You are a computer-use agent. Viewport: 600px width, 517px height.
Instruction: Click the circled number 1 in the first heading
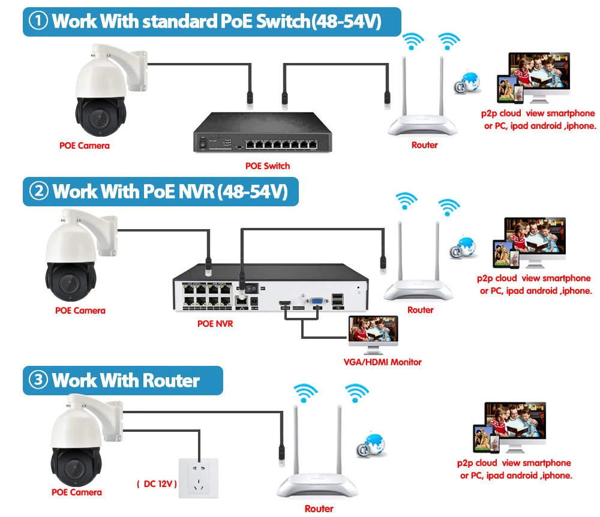point(39,22)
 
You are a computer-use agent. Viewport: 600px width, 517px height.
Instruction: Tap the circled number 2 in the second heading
point(40,191)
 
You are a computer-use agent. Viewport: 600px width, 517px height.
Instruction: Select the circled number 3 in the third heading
point(39,380)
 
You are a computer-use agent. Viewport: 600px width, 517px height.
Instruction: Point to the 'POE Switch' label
point(268,166)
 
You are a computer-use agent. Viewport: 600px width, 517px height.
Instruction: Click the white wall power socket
point(199,477)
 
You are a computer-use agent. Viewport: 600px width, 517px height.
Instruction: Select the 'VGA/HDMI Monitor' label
point(382,362)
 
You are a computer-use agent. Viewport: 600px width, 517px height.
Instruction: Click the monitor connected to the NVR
point(373,333)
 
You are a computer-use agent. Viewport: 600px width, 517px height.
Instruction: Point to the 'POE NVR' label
point(215,324)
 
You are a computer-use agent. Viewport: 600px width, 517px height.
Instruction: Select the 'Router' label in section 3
point(319,509)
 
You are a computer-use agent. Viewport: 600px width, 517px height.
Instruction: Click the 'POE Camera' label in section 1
point(85,145)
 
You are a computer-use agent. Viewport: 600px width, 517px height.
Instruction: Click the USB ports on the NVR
point(337,298)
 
